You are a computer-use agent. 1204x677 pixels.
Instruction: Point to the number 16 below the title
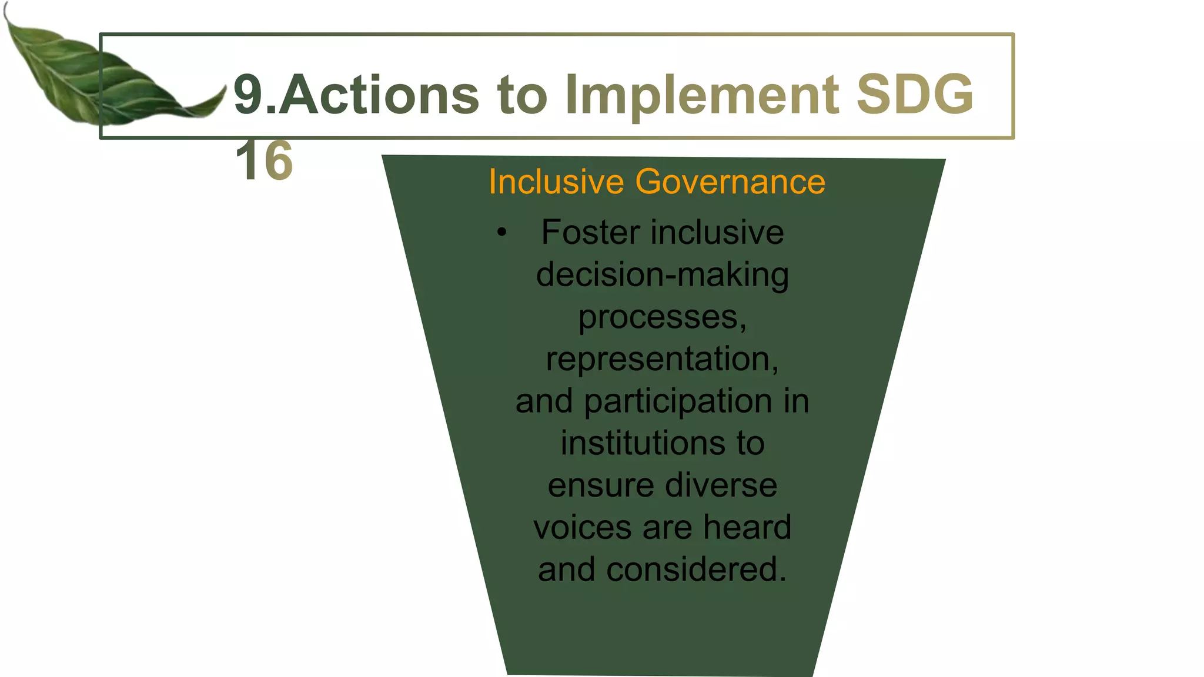click(x=264, y=161)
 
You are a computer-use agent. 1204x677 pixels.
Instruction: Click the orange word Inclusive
click(x=556, y=182)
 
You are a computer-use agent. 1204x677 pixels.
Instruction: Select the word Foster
click(x=590, y=232)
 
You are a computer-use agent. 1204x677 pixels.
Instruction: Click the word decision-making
click(x=663, y=275)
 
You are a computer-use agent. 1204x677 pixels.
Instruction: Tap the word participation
click(x=678, y=401)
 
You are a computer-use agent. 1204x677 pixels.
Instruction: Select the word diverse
click(x=721, y=485)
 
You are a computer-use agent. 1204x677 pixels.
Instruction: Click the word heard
click(x=747, y=527)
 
